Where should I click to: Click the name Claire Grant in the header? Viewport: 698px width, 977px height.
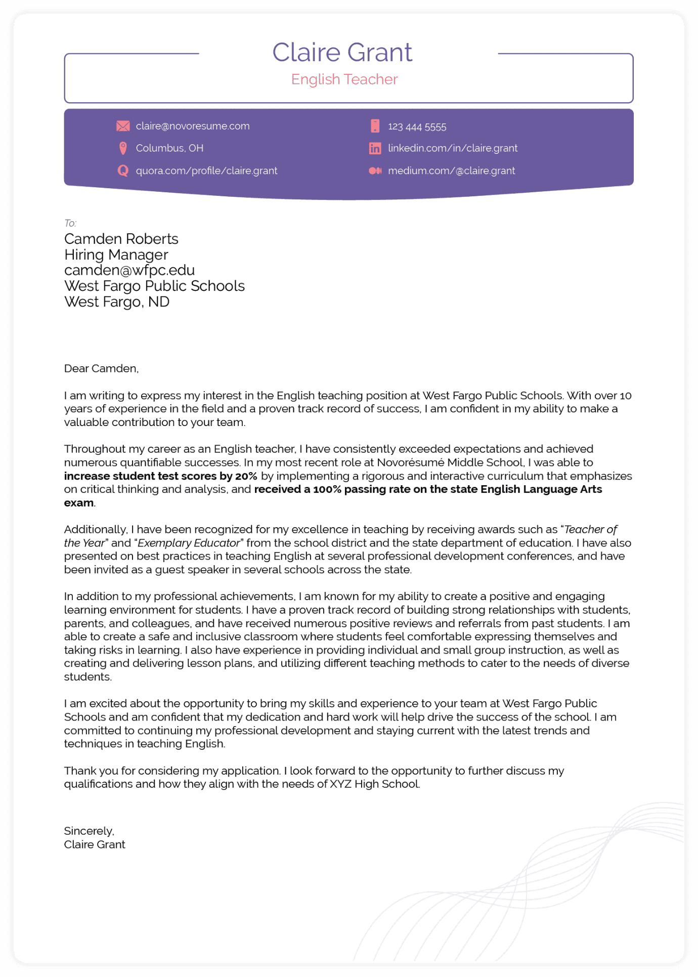coord(342,53)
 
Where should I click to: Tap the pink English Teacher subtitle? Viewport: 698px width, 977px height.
coord(344,79)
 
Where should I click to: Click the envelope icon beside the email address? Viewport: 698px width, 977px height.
coord(123,126)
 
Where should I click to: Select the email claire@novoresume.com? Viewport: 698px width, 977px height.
coord(193,126)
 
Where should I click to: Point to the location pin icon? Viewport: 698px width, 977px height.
coord(123,148)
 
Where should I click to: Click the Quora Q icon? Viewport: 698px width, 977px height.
coord(123,171)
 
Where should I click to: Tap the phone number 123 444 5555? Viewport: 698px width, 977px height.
coord(417,126)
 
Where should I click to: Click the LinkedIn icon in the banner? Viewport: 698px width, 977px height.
coord(375,148)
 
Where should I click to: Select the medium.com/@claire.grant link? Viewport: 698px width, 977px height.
coord(451,171)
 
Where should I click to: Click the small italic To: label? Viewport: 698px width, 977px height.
coord(70,223)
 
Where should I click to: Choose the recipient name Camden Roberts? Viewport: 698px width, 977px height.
coord(121,239)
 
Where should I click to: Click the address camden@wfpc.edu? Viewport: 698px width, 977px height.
coord(129,270)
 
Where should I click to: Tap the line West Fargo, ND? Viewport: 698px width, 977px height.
coord(117,302)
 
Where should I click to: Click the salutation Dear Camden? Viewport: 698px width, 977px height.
coord(101,369)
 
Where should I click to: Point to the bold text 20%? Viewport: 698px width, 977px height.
coord(246,476)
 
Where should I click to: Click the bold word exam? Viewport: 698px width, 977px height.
coord(79,503)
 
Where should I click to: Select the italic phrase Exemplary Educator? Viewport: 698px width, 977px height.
coord(189,543)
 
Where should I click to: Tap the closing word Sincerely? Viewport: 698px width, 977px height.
coord(89,831)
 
